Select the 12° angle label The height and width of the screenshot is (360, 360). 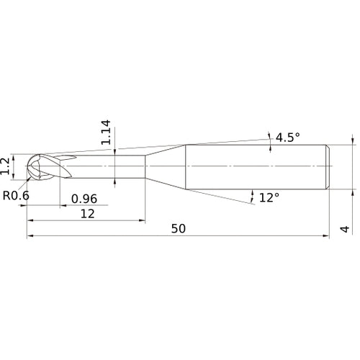[x=268, y=197]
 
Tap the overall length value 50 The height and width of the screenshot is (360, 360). [x=179, y=228]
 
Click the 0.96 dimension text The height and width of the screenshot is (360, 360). [x=84, y=199]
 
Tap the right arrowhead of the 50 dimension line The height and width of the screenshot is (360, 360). [x=326, y=235]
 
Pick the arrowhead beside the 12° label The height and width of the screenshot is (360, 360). [x=253, y=194]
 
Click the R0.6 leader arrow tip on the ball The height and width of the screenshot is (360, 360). [x=31, y=181]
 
